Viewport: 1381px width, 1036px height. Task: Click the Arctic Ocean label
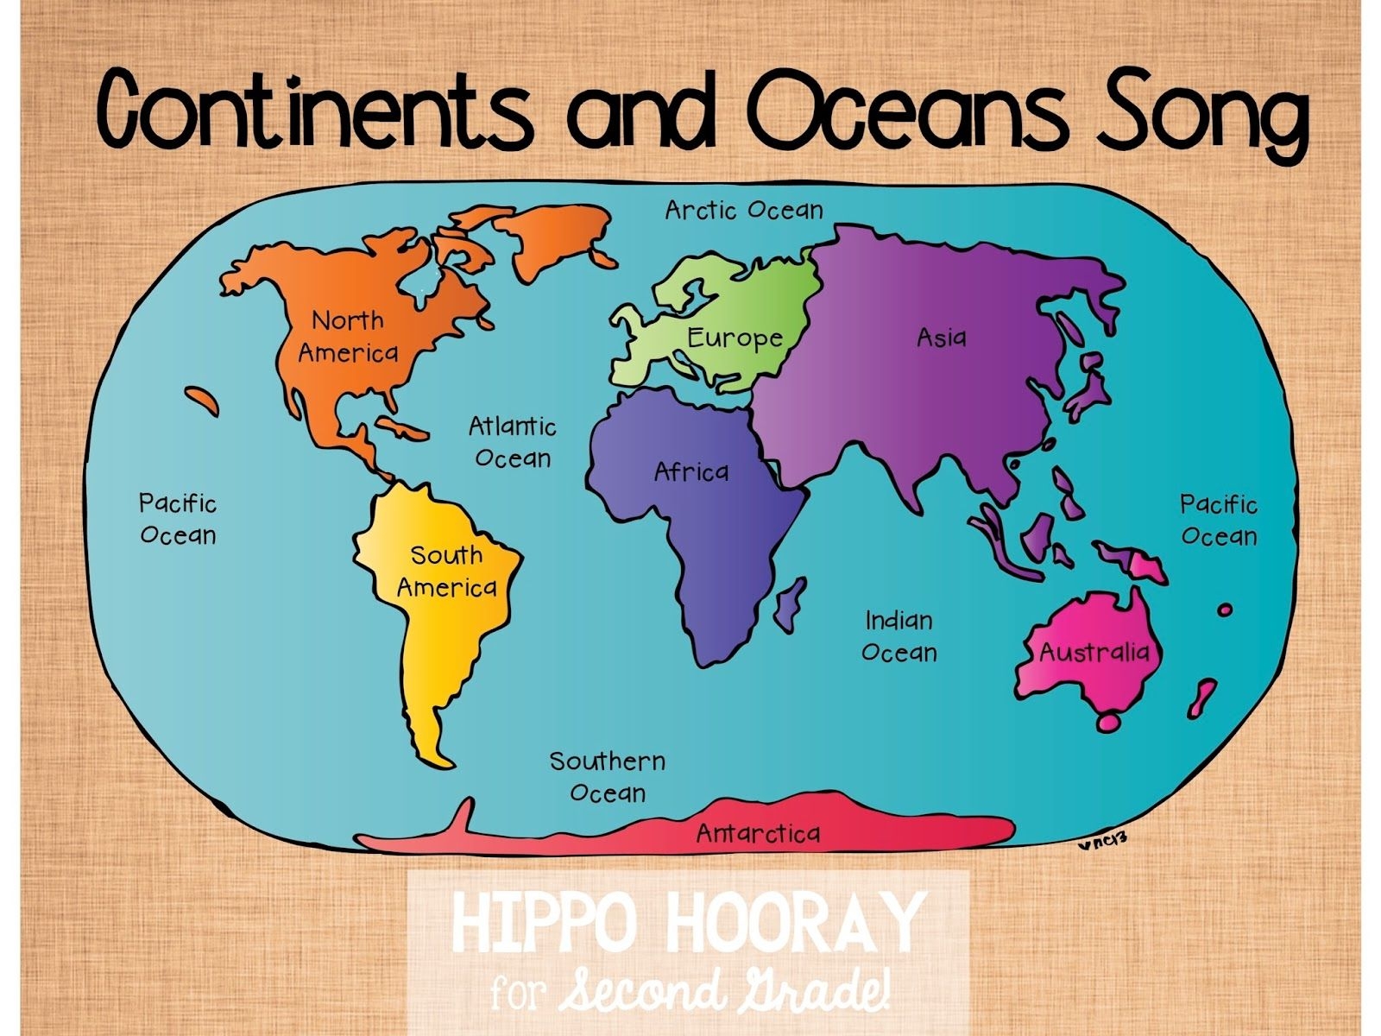(743, 210)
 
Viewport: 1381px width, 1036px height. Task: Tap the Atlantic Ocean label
(513, 442)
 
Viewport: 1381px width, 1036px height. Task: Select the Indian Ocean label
(899, 636)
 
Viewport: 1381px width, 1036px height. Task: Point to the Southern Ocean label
(608, 777)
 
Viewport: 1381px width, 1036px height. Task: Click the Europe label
(735, 338)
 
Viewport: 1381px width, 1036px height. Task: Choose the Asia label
(941, 337)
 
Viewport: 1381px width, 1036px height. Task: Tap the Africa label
(690, 471)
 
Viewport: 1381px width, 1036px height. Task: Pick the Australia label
(1094, 651)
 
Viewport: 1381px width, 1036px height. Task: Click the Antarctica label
(758, 833)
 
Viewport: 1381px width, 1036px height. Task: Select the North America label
(348, 337)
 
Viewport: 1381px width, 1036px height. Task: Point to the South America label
(446, 571)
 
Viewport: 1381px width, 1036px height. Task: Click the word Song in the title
(1201, 111)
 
